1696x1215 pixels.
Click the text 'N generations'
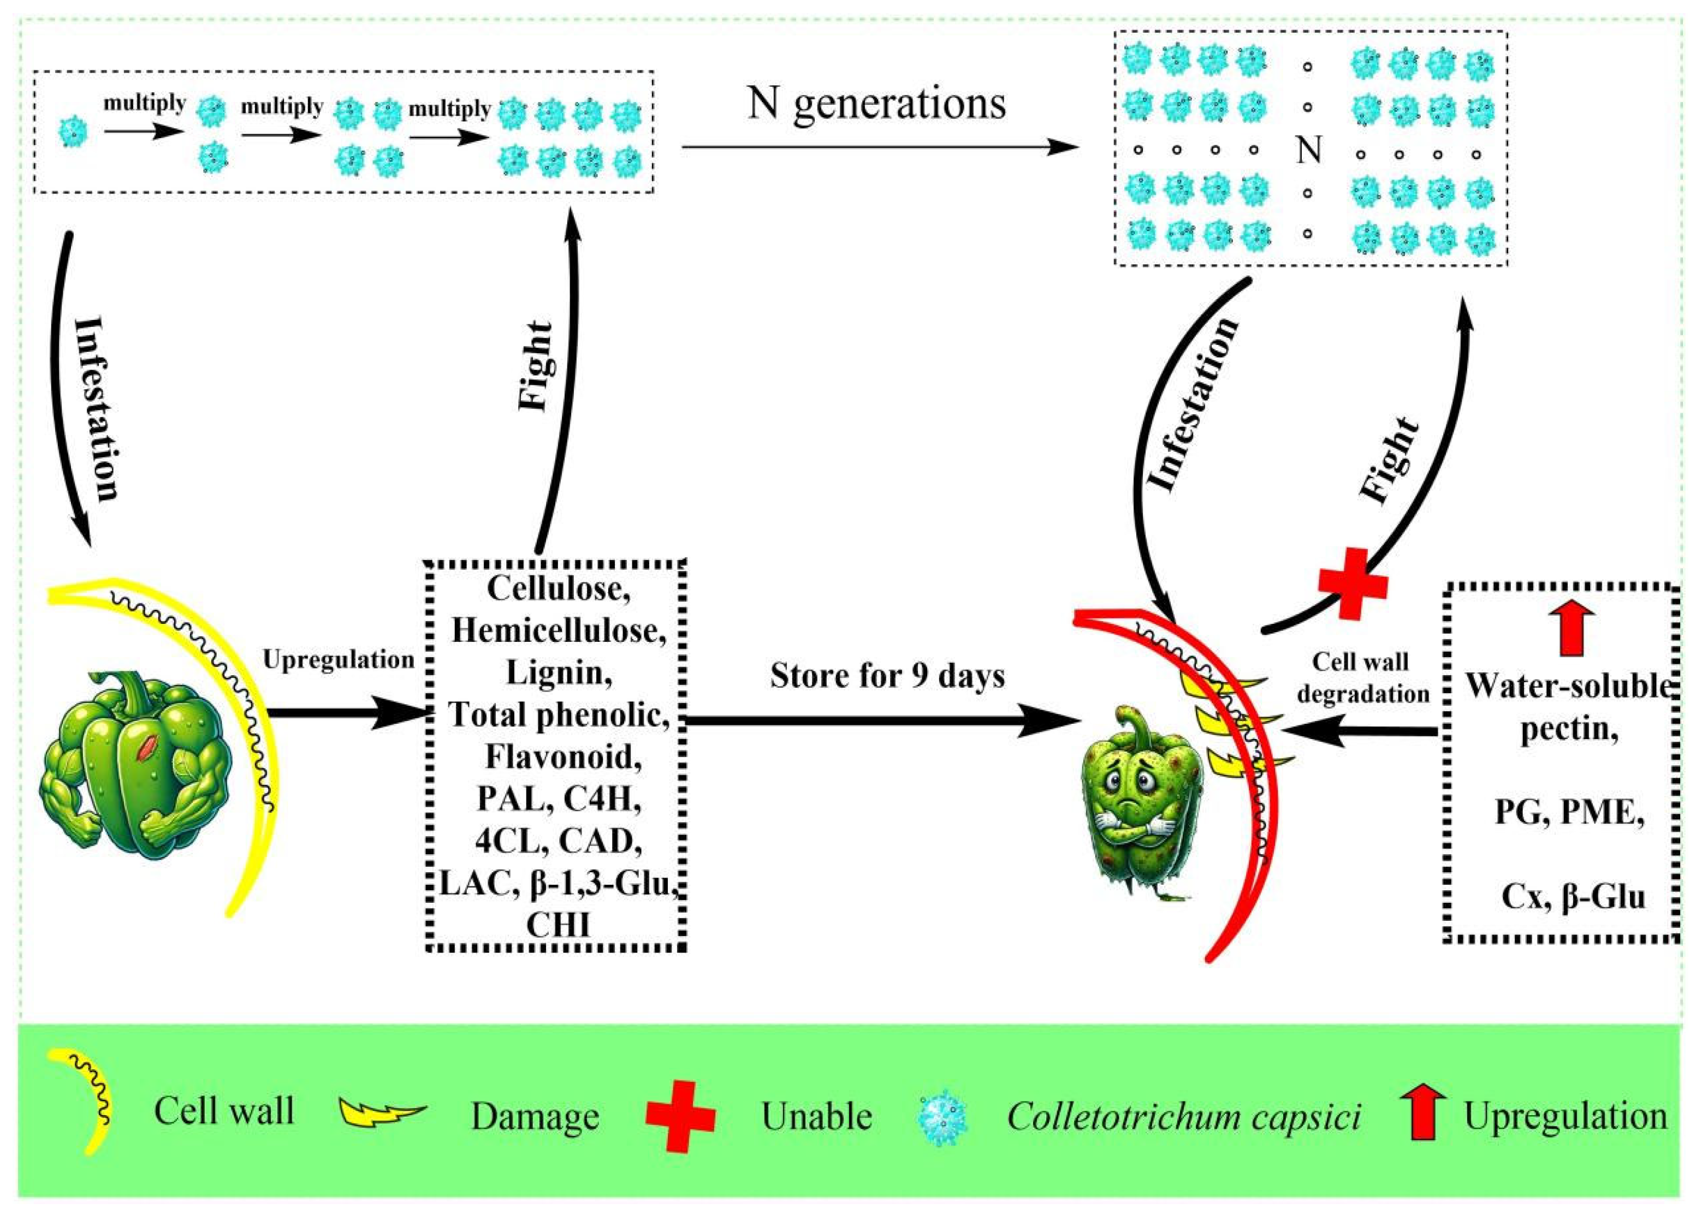pyautogui.click(x=876, y=103)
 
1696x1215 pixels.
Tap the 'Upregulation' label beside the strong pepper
pyautogui.click(x=339, y=660)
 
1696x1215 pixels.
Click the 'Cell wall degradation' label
pyautogui.click(x=1362, y=677)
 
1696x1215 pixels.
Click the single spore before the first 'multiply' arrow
pyautogui.click(x=73, y=132)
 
